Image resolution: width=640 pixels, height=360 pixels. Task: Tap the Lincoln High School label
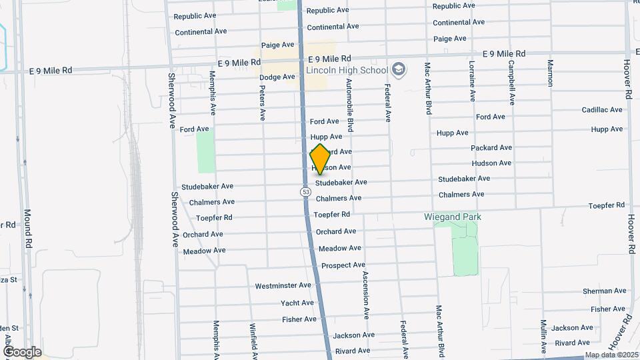(x=347, y=70)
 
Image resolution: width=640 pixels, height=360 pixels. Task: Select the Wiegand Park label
(x=453, y=217)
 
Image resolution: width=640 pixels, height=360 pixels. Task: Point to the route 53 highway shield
(x=305, y=191)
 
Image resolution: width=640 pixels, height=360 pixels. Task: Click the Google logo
(x=22, y=352)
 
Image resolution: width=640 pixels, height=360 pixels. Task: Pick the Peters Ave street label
(x=262, y=103)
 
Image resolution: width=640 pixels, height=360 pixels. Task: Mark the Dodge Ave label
(x=277, y=77)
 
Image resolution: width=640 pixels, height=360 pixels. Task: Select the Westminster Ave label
(x=283, y=286)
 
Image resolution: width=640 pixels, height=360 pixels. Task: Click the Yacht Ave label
(x=297, y=303)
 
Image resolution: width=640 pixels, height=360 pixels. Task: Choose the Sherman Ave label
(x=605, y=291)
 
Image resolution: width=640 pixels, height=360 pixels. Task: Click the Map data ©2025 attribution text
(x=611, y=355)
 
